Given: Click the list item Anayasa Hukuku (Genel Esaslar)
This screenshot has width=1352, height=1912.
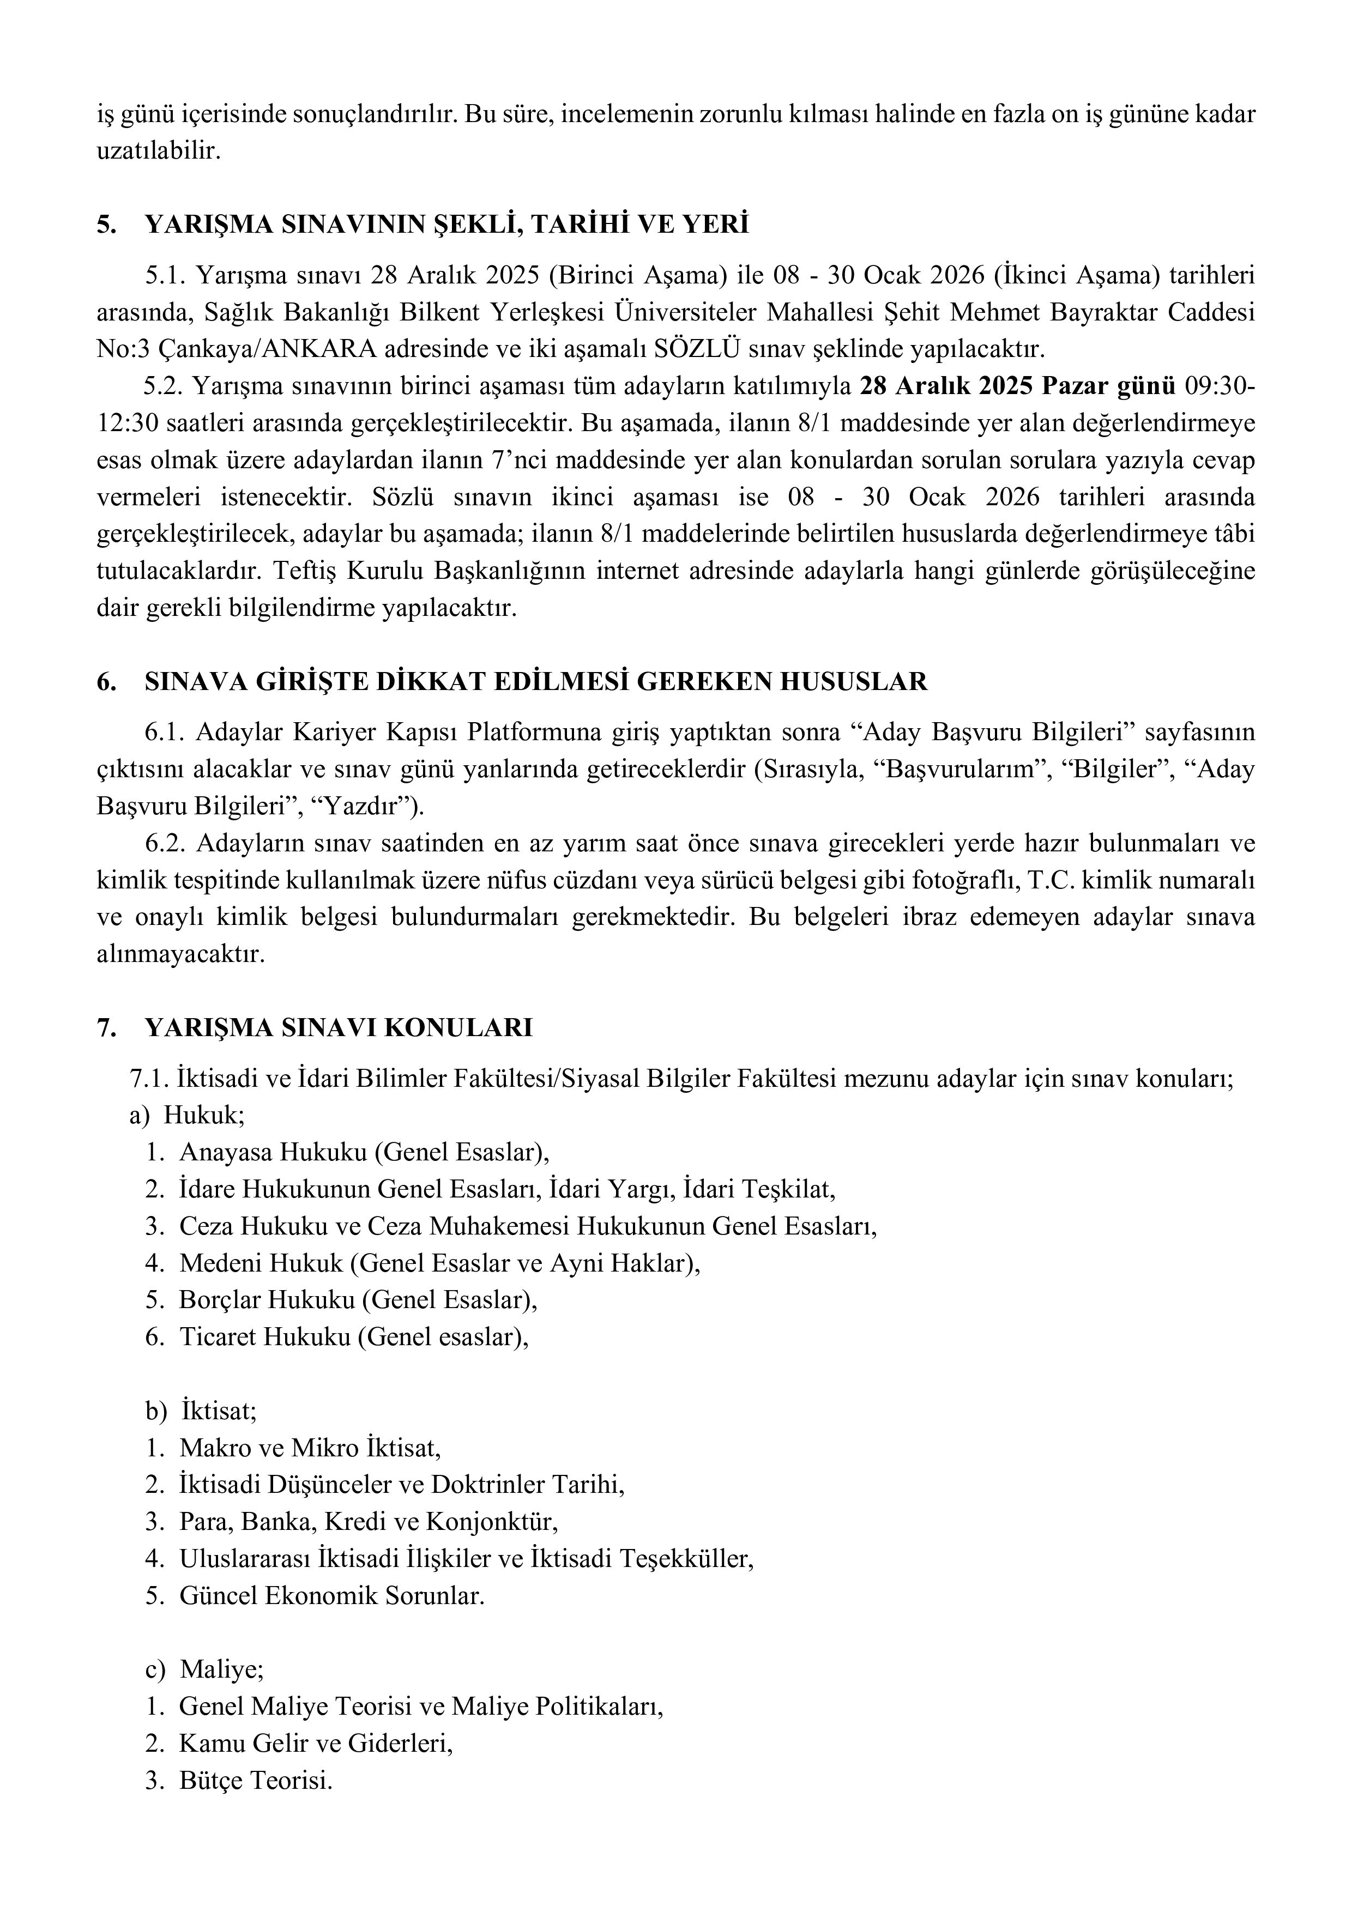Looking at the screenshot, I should point(364,1153).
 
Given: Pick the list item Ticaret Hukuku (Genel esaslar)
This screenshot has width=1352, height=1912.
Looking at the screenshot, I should point(354,1336).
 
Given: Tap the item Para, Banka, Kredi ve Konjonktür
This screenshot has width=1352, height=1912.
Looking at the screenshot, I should point(368,1522).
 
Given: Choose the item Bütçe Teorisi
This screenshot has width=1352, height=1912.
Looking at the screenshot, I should point(256,1781).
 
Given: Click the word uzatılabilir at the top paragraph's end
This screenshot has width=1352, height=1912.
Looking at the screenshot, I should point(158,152).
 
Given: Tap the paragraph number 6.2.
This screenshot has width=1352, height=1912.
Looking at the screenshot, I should point(164,844).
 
